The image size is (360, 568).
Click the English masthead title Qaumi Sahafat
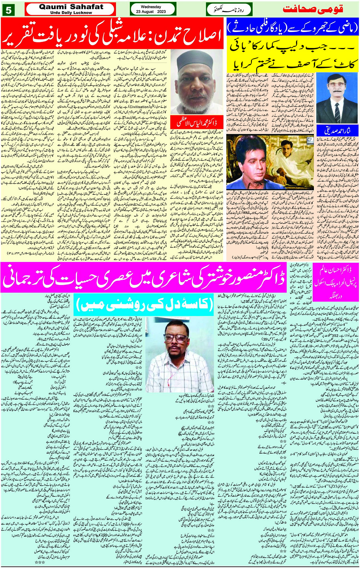71,7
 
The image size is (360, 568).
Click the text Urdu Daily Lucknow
71,13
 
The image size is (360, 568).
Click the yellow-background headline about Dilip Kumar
293,55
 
